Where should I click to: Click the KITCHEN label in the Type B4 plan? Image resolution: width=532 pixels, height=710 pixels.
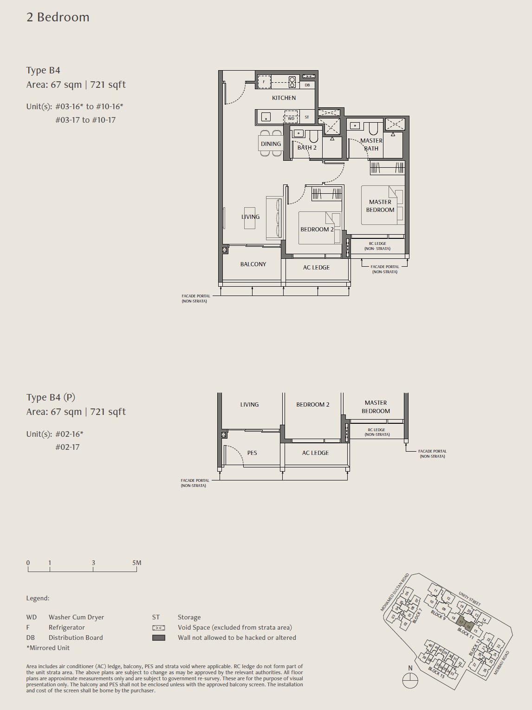click(284, 98)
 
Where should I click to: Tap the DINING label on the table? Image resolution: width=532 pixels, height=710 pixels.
click(271, 144)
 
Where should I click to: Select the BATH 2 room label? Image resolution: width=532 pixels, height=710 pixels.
click(307, 148)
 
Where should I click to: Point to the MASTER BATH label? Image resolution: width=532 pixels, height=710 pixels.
click(371, 145)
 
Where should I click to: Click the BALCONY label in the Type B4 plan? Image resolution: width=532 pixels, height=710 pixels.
click(253, 264)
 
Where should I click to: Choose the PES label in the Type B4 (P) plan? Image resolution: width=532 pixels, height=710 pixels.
click(252, 453)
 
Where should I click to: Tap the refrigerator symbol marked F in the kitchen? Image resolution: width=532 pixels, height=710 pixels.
click(264, 82)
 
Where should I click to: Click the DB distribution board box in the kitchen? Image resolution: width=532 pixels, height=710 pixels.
click(307, 85)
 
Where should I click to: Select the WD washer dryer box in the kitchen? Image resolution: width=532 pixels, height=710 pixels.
click(291, 118)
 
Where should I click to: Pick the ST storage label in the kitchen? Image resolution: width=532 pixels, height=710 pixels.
click(307, 117)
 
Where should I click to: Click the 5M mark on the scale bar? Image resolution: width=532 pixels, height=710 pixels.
click(136, 563)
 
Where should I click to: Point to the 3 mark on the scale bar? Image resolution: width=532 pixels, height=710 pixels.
click(93, 563)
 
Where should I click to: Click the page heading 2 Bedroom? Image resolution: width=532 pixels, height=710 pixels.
click(58, 17)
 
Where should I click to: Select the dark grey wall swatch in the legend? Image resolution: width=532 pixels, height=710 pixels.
click(159, 638)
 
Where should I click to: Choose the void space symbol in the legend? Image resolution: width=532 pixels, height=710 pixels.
click(159, 628)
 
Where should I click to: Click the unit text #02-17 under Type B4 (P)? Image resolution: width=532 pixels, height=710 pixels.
click(67, 447)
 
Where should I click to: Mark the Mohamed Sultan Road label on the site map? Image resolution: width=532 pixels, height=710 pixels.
click(395, 592)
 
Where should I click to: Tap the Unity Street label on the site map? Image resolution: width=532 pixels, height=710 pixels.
click(469, 598)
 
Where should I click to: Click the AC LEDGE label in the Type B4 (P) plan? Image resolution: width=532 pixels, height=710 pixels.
click(315, 453)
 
